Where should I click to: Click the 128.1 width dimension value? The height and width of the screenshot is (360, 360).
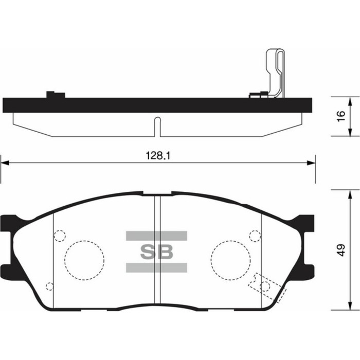158,154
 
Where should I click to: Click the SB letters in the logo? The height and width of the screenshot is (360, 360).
157,251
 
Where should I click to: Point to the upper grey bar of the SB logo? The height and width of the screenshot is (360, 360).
157,236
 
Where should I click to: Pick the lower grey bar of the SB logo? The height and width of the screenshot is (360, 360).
157,267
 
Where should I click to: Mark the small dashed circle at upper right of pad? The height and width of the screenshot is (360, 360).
255,236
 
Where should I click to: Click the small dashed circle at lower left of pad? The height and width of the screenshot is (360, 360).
49,286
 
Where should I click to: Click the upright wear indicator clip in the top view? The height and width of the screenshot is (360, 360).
275,72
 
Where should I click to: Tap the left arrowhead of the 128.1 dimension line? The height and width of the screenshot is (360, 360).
4,163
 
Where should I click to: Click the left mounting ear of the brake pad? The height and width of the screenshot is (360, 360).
10,242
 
